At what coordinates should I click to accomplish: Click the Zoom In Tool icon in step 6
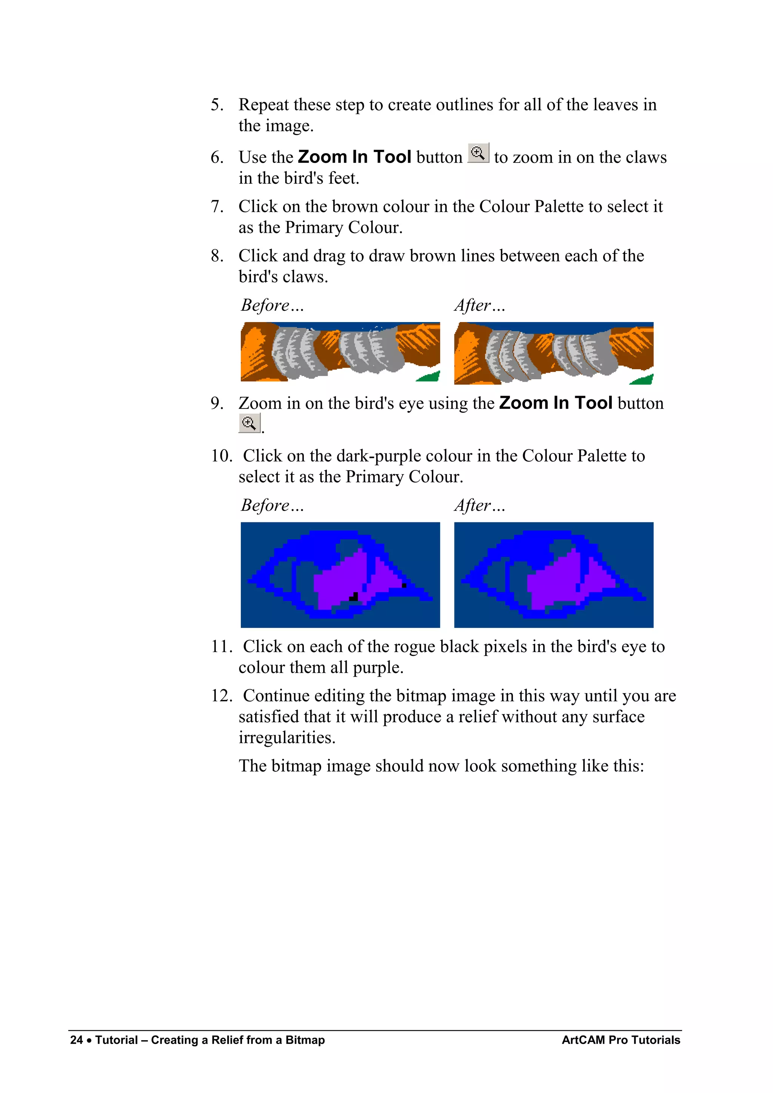478,153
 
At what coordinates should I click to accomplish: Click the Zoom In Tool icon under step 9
249,423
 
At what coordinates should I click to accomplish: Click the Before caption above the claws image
272,305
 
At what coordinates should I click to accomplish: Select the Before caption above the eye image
272,505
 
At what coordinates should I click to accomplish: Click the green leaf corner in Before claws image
430,377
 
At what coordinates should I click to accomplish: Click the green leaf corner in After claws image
644,379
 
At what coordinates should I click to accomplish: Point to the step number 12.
222,695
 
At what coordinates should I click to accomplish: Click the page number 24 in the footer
76,1040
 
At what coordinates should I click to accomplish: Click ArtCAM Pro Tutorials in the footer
621,1040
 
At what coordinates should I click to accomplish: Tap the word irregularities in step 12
287,737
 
